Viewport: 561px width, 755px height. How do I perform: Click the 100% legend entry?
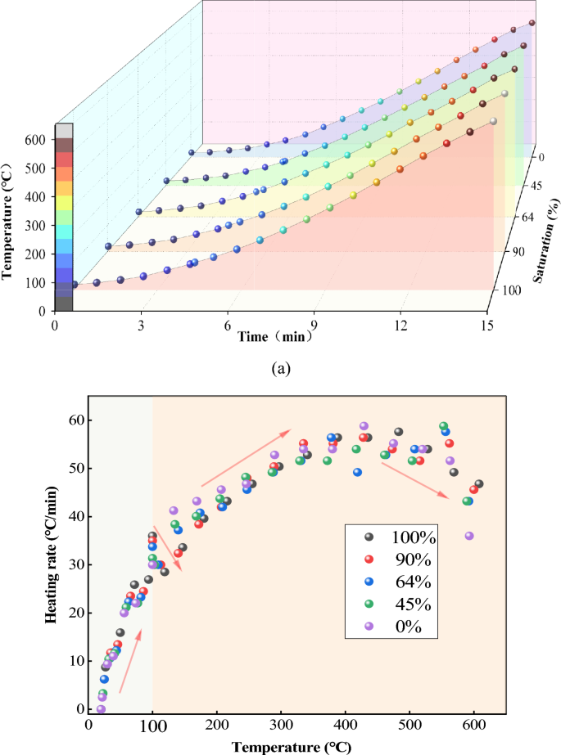(401, 537)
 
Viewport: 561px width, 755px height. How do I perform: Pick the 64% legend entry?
(401, 582)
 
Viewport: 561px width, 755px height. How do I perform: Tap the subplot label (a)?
(280, 368)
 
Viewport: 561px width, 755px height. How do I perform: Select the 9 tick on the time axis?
(314, 325)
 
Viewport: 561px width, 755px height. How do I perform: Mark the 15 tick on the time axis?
(487, 325)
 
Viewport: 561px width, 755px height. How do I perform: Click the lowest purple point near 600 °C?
(469, 536)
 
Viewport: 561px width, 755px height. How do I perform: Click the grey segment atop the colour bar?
(64, 131)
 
